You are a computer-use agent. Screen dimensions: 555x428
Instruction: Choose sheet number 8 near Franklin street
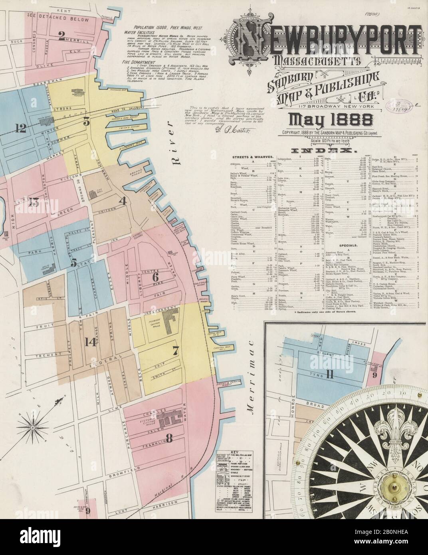point(169,439)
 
